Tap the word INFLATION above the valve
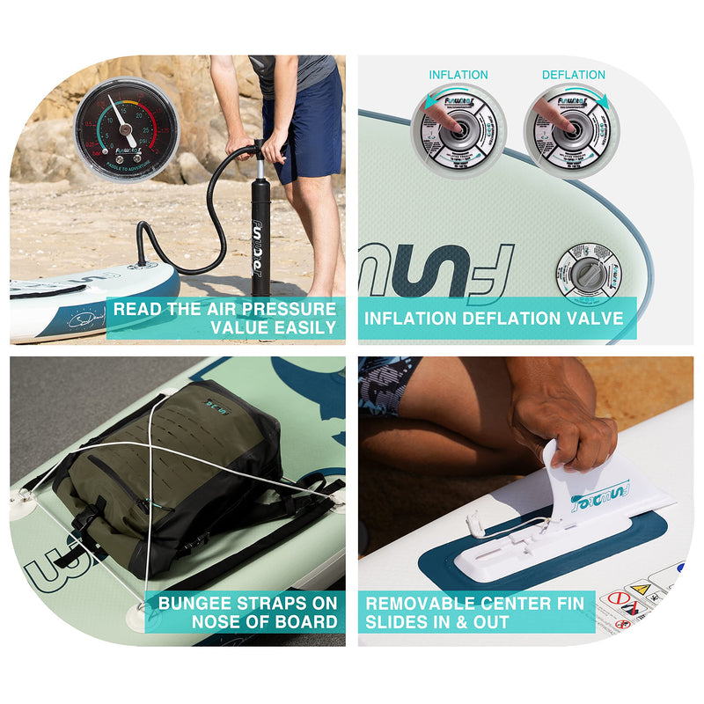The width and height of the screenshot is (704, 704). click(x=458, y=75)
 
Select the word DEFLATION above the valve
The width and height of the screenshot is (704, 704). click(x=573, y=75)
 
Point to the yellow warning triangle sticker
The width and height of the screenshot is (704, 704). click(x=640, y=589)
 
